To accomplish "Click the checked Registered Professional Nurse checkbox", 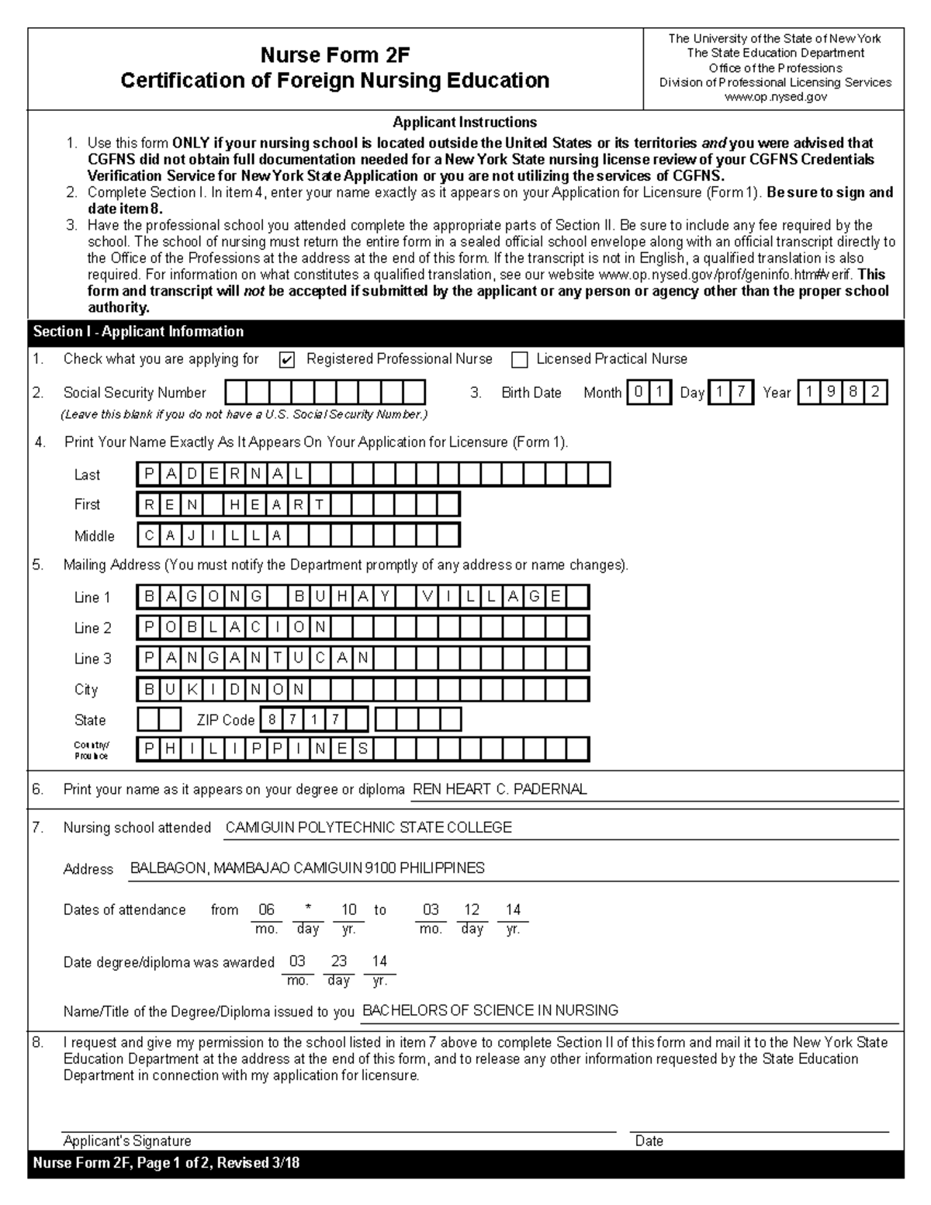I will (286, 360).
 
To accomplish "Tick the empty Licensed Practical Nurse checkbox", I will (520, 360).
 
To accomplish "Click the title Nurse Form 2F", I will (334, 55).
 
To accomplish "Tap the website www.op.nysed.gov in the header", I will (775, 97).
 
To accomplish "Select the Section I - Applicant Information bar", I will (138, 331).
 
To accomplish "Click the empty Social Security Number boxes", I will (325, 393).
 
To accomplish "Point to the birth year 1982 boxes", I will (842, 393).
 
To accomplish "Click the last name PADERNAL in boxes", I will (223, 474).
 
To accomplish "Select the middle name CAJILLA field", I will (213, 535).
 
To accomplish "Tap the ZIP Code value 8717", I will (303, 719).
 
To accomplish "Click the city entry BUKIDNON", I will (224, 689).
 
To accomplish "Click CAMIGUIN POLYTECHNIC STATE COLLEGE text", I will (369, 828).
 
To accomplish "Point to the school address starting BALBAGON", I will (307, 868).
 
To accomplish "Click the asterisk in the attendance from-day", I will (308, 909).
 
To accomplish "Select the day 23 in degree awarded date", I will (339, 961).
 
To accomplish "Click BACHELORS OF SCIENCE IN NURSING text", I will (490, 1010).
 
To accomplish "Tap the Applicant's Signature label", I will (127, 1141).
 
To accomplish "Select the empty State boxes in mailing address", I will (159, 719).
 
